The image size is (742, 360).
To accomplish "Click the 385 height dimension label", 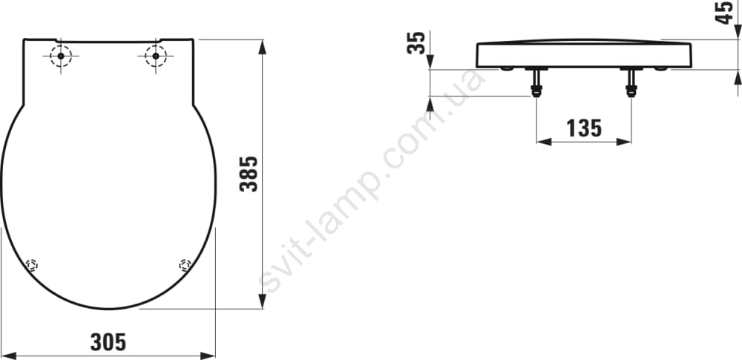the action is pyautogui.click(x=249, y=174).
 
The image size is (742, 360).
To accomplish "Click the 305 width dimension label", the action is pyautogui.click(x=108, y=342).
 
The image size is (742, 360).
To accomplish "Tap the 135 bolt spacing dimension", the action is pyautogui.click(x=584, y=128).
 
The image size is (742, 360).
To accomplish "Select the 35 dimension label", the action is pyautogui.click(x=416, y=42).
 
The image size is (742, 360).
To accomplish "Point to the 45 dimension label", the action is pyautogui.click(x=725, y=13).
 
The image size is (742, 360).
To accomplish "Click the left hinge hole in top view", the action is pyautogui.click(x=61, y=56).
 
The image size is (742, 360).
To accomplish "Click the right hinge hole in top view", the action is pyautogui.click(x=156, y=56).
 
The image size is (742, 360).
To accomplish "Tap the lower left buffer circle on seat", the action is pyautogui.click(x=32, y=265).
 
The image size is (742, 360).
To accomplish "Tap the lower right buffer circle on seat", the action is pyautogui.click(x=185, y=265).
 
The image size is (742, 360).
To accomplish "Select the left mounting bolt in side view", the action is pyautogui.click(x=536, y=82).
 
